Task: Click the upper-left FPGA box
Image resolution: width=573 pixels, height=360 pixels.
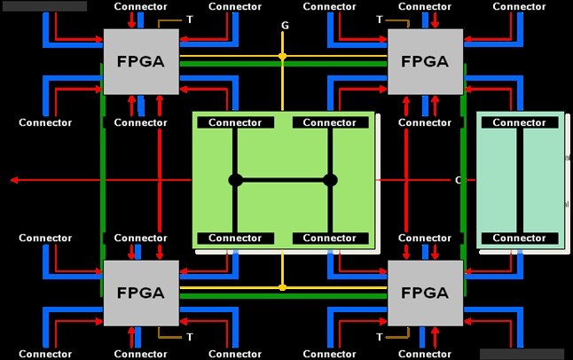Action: tap(140, 61)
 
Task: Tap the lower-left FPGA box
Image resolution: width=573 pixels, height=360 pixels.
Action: tap(140, 293)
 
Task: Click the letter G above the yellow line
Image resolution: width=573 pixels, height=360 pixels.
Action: tap(285, 26)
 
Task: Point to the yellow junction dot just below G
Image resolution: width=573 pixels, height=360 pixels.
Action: tap(283, 56)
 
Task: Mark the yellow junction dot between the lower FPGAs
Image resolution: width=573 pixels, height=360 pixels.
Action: tap(283, 287)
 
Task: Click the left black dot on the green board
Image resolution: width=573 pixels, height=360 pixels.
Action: tap(235, 180)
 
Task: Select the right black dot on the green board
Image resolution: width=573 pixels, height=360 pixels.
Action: tap(331, 180)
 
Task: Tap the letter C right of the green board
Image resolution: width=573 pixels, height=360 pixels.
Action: tap(459, 180)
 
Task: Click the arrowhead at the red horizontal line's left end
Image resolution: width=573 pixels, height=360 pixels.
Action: tap(14, 180)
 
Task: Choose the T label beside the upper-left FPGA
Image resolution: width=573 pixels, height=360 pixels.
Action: tap(190, 19)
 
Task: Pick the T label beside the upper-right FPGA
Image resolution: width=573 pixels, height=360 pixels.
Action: tap(380, 19)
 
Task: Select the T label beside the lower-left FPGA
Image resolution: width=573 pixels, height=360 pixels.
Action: tap(190, 337)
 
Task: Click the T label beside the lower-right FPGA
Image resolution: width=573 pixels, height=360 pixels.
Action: tap(380, 337)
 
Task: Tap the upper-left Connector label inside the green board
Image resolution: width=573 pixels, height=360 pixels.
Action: tap(235, 122)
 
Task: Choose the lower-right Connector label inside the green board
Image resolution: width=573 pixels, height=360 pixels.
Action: tap(331, 238)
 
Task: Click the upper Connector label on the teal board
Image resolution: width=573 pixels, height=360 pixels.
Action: tap(519, 122)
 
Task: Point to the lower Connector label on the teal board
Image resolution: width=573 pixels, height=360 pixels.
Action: tap(519, 238)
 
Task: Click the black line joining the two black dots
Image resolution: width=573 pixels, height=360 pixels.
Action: tap(283, 180)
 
